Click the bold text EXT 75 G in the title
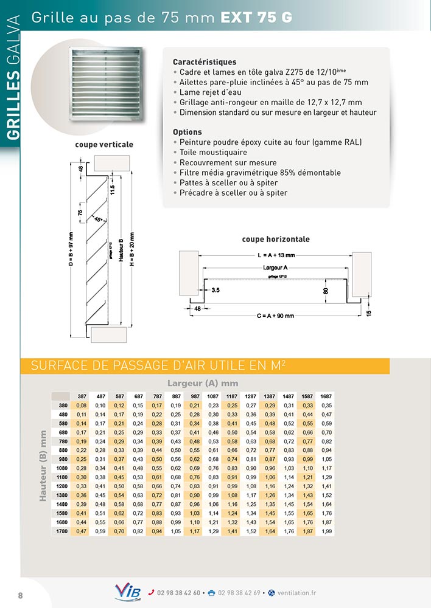pos(256,18)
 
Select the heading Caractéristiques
pos(205,62)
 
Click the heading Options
pos(187,132)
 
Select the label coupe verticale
pos(104,145)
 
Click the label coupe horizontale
pos(276,239)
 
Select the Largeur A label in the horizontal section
pos(275,267)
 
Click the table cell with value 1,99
pos(327,531)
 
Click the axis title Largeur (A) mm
pos(203,383)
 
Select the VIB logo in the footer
pos(128,593)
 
